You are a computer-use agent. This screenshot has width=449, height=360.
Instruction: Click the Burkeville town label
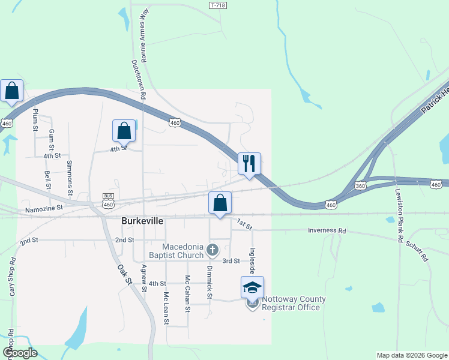(x=143, y=221)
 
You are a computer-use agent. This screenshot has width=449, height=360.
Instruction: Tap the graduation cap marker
(x=252, y=287)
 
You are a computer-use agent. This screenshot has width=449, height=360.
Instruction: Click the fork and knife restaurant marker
(x=249, y=163)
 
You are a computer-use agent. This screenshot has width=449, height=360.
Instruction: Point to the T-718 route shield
(x=218, y=5)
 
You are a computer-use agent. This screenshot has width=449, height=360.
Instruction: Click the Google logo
(x=19, y=353)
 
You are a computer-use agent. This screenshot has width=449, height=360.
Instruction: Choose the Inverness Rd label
(x=327, y=230)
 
